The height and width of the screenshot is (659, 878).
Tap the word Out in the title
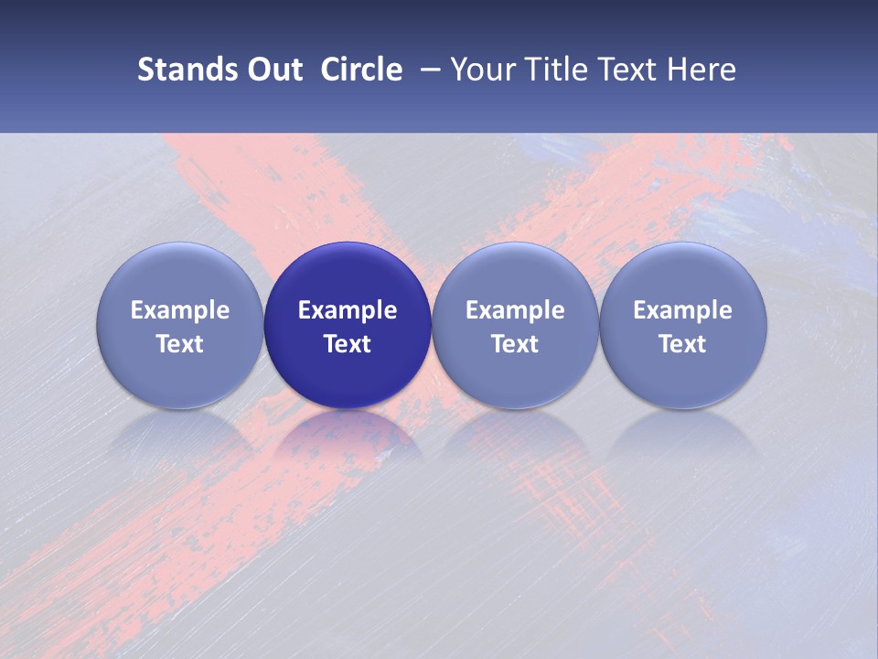(x=273, y=70)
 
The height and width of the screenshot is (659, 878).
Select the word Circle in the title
(x=361, y=70)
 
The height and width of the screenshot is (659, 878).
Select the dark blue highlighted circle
(x=348, y=325)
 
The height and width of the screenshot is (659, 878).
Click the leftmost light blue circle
(x=180, y=325)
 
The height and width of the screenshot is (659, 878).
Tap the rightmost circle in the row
(x=683, y=325)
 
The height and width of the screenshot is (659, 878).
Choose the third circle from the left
(x=515, y=325)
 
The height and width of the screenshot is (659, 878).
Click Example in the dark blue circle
(x=348, y=310)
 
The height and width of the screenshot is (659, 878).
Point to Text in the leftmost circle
(x=180, y=344)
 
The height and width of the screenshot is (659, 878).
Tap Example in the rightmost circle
(x=683, y=310)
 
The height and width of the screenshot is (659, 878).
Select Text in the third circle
(x=515, y=344)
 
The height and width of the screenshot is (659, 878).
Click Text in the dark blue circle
(x=348, y=344)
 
